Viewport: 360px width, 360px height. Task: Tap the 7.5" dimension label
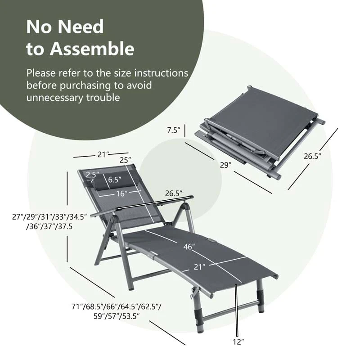pyautogui.click(x=173, y=130)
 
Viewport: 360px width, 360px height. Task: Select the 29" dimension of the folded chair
pyautogui.click(x=226, y=165)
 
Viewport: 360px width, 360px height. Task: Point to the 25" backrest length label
pyautogui.click(x=125, y=160)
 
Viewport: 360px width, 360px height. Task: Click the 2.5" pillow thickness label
pyautogui.click(x=93, y=175)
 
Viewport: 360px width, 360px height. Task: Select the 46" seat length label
pyautogui.click(x=189, y=247)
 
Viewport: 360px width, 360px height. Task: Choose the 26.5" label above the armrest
pyautogui.click(x=173, y=193)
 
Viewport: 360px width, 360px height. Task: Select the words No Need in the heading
pyautogui.click(x=65, y=27)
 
